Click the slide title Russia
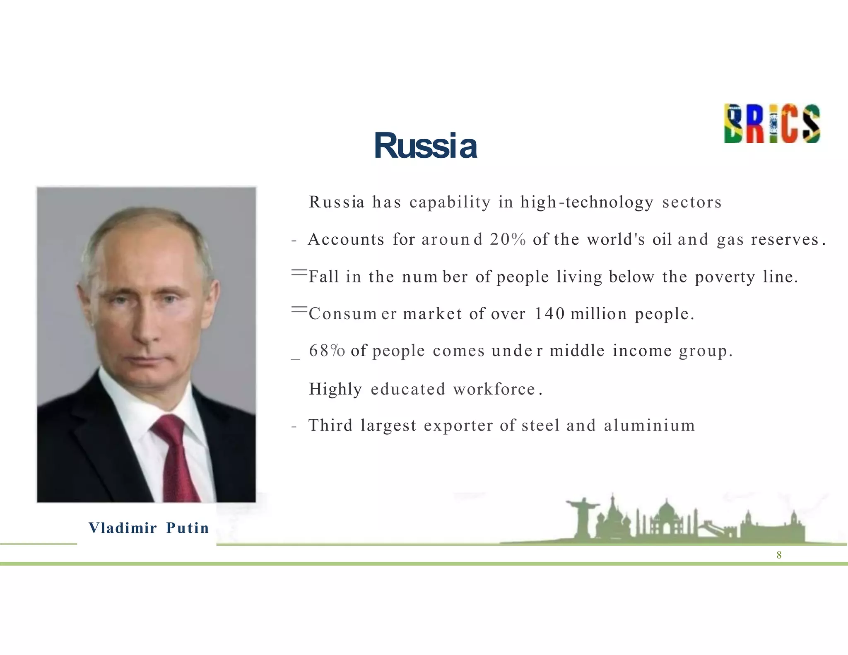tap(425, 146)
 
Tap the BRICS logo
tap(772, 123)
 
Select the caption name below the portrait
tap(149, 528)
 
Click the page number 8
tap(779, 555)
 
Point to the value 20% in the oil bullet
tap(508, 239)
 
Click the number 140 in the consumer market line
tap(549, 313)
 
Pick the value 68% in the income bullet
tap(327, 351)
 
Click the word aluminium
tap(649, 425)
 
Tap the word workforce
tap(494, 389)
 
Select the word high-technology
tap(587, 202)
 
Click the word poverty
tap(725, 277)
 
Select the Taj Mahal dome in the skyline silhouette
tap(666, 509)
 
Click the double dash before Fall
tap(299, 272)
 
